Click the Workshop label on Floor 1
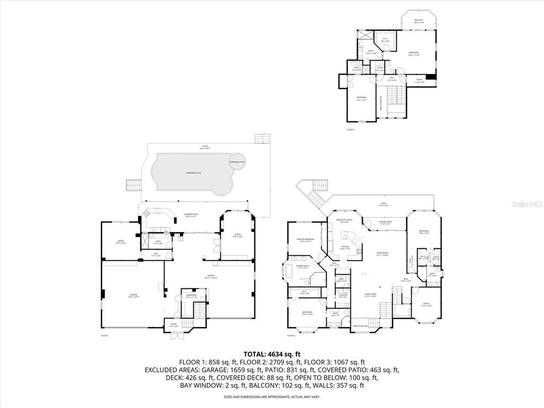pos(191,296)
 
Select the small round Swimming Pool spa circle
pos(237,161)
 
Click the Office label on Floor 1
pos(237,235)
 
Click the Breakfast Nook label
pos(344,222)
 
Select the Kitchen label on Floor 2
pos(345,248)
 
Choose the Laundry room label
pos(343,296)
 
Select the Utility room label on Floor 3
pos(380,69)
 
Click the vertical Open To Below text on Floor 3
pos(380,103)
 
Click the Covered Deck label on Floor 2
pos(385,223)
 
